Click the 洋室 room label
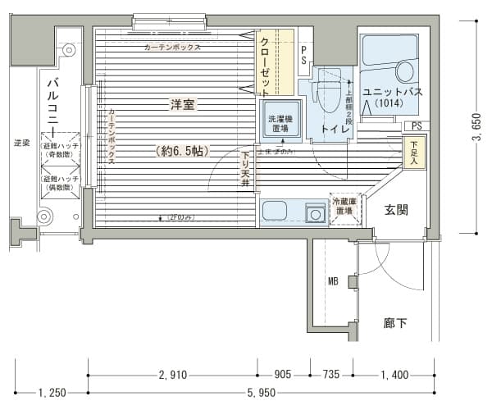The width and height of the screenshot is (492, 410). coord(182,104)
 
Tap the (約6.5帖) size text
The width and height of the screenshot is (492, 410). coord(181,151)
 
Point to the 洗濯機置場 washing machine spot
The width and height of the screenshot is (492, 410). coord(280,124)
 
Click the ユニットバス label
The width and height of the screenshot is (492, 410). coord(392,92)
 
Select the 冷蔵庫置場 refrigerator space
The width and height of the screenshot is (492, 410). coord(344,207)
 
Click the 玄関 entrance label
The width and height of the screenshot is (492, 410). coord(387,209)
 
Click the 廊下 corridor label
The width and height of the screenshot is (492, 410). coord(395,322)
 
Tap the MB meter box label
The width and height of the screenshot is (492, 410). coord(333,282)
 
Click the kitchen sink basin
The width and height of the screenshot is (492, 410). coord(312,214)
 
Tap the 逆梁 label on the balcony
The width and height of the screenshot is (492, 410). coord(21,143)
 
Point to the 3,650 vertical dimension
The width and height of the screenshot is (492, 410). coord(476,126)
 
